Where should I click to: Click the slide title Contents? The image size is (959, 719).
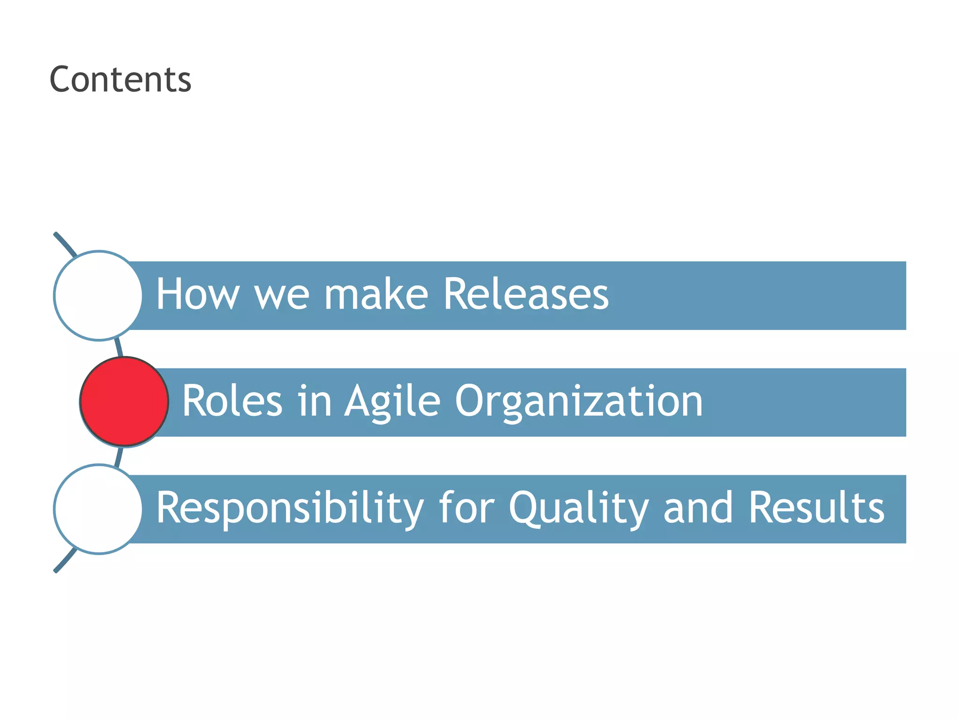pos(120,79)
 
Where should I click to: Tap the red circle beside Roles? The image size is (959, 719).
pos(124,402)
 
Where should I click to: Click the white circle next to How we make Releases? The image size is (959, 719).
pos(98,295)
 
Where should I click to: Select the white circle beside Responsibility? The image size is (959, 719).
pos(98,509)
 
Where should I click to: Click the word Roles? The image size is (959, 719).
pos(232,401)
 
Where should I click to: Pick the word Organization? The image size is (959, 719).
pos(579,402)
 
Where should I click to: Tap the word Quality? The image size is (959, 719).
pos(578,508)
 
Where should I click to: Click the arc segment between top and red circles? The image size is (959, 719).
pos(119,348)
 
